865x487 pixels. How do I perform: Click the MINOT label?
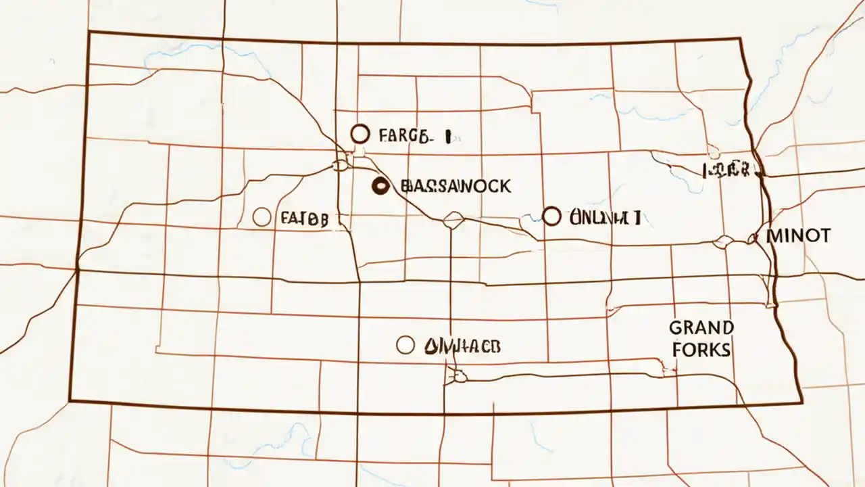click(x=799, y=235)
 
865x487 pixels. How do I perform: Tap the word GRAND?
click(x=701, y=328)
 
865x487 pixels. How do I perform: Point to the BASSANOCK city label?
click(x=455, y=186)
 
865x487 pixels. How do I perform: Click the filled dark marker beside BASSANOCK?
click(x=380, y=186)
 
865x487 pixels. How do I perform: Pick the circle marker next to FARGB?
click(x=360, y=134)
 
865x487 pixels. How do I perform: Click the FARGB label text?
click(x=404, y=136)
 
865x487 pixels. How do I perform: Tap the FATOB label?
click(x=304, y=218)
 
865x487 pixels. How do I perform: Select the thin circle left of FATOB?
click(x=262, y=217)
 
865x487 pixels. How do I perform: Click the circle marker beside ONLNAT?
click(x=552, y=216)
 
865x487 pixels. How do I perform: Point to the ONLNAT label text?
click(x=605, y=217)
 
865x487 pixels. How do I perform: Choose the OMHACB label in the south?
click(x=462, y=346)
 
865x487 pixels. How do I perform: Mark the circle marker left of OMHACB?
click(x=405, y=345)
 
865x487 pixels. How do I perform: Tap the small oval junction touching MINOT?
click(x=752, y=237)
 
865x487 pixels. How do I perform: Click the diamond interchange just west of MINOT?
click(x=724, y=241)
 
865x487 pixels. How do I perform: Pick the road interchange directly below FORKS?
click(x=670, y=369)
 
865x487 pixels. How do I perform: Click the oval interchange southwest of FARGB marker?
click(x=340, y=164)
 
